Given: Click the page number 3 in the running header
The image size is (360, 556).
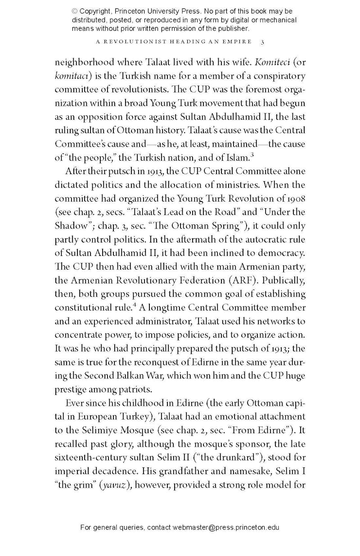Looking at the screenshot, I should (262, 42).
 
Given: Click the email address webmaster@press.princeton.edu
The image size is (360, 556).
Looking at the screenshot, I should (226, 527).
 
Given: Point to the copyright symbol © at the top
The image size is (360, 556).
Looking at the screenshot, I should (75, 11).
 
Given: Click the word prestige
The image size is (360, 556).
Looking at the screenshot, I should (70, 376).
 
